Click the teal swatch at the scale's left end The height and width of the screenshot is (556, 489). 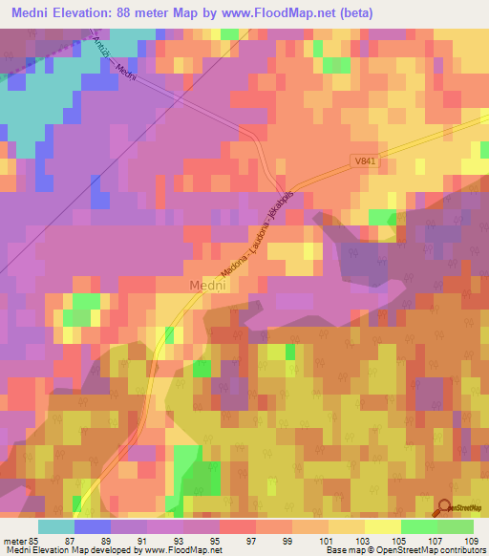[55, 526]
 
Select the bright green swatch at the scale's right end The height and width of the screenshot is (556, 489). [456, 526]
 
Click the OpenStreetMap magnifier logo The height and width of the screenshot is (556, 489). [446, 509]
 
